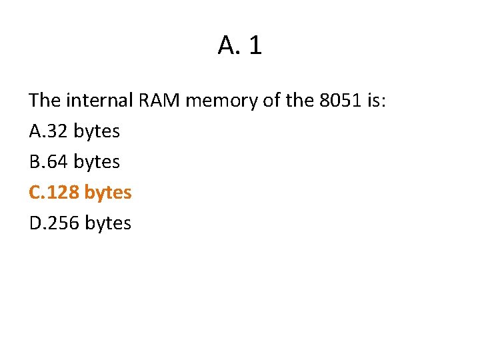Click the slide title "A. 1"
pos(240,45)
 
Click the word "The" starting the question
pos(45,101)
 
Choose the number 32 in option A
pos(58,131)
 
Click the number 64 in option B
pos(58,162)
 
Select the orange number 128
pos(64,193)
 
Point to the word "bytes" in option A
pos(97,132)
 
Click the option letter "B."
pos(37,162)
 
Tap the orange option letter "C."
pos(37,193)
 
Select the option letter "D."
pos(37,223)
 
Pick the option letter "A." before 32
pos(37,131)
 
